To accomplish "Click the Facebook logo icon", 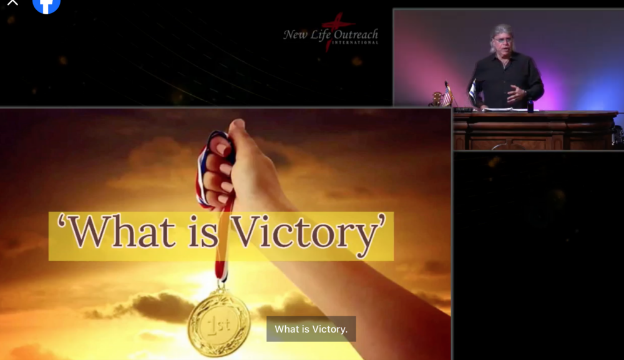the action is (46, 5).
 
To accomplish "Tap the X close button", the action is (12, 2).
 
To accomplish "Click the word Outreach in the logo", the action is (356, 34).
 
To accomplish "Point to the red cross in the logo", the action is (333, 30).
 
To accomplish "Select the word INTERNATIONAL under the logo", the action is (355, 42).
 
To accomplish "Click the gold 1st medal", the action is (219, 323).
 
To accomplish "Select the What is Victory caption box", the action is (311, 329).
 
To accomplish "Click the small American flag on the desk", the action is (448, 95).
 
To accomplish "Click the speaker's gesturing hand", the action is (517, 94).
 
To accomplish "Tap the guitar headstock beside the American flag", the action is (437, 98).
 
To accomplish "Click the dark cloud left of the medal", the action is (159, 306).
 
